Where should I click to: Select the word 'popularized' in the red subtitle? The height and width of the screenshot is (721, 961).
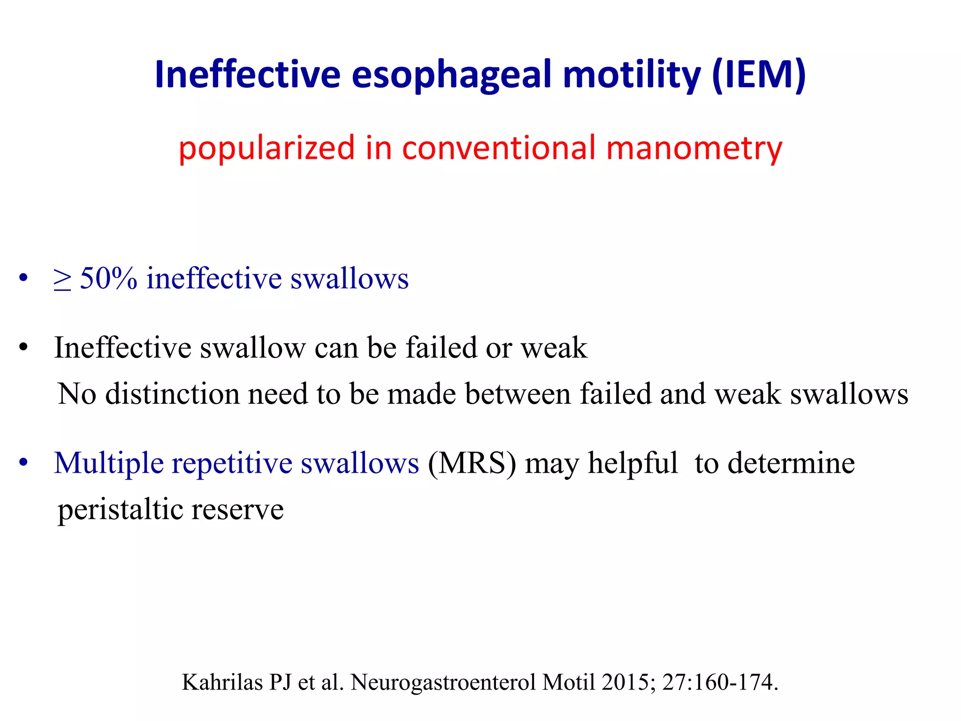[x=267, y=148]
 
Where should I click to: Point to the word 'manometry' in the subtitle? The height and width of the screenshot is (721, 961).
[x=694, y=148]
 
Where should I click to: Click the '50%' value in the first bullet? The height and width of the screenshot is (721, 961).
[x=109, y=278]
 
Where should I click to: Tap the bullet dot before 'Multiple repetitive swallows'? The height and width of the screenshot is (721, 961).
[x=23, y=463]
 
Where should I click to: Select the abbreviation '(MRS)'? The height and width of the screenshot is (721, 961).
[x=472, y=464]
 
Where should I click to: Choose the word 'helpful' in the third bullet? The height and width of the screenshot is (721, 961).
[x=633, y=464]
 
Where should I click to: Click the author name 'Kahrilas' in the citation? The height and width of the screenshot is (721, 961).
[x=222, y=682]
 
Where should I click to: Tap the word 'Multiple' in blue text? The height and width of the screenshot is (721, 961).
[x=109, y=464]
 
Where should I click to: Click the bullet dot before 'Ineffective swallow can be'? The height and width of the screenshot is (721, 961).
[x=23, y=348]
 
